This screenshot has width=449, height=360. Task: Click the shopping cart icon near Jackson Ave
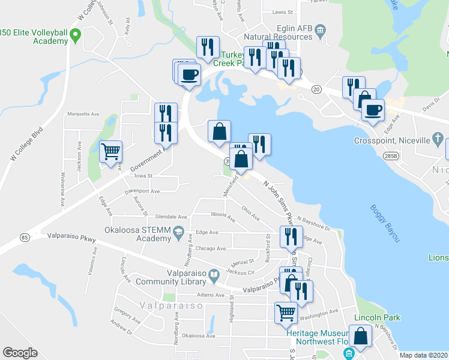[x=111, y=152]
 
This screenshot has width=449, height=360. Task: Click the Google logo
[x=20, y=352]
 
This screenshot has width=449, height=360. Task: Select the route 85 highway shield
[x=24, y=238]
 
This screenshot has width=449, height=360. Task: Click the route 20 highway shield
[x=316, y=89]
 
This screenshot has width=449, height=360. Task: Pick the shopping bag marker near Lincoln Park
[x=361, y=337]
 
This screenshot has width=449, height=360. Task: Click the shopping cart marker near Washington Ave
[x=286, y=312]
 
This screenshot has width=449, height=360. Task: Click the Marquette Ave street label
[x=83, y=113]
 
